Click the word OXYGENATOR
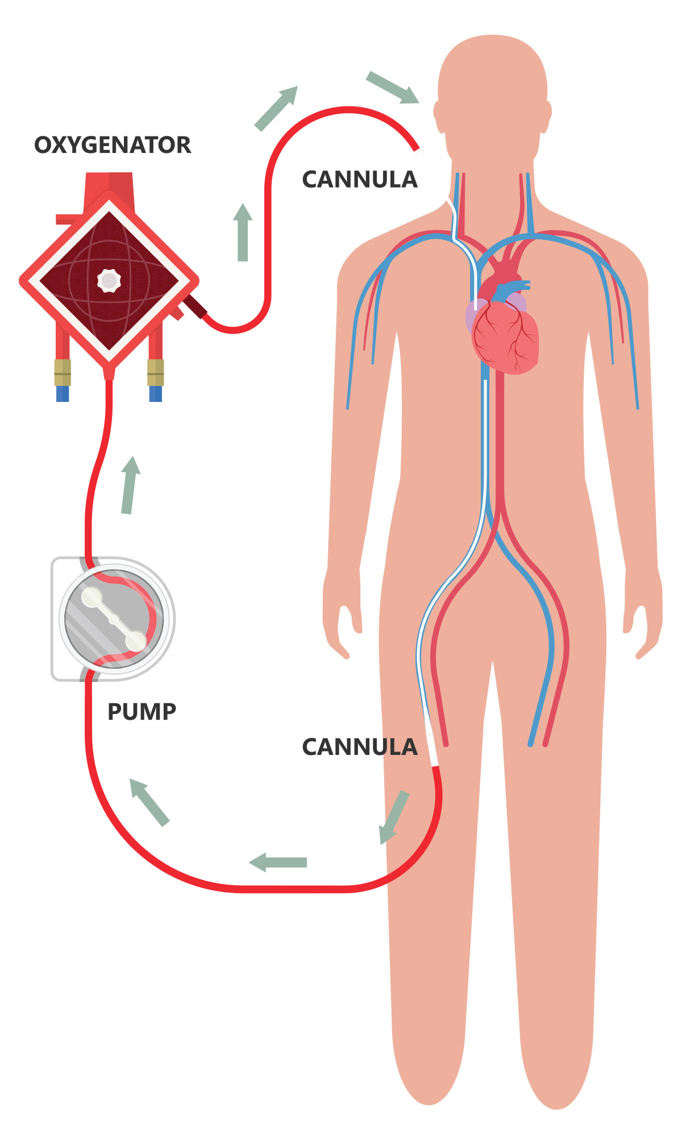(113, 145)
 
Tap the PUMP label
(142, 712)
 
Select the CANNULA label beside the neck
(359, 180)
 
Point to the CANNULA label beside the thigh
(359, 747)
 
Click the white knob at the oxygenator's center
(109, 280)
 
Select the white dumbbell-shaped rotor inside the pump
(114, 619)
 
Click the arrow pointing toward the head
(392, 87)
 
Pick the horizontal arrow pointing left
(278, 862)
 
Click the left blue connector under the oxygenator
(63, 393)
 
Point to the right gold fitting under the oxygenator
(155, 372)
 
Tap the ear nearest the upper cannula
(439, 116)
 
